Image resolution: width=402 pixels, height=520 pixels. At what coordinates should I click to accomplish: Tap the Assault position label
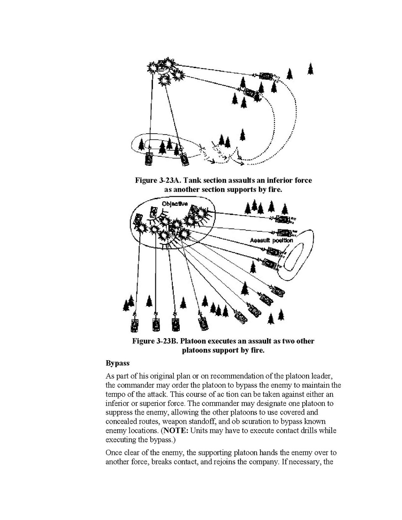click(x=271, y=240)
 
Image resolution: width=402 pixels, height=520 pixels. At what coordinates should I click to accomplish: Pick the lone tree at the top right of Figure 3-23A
click(x=310, y=69)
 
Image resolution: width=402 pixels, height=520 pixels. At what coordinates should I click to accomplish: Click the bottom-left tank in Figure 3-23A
click(x=148, y=158)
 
